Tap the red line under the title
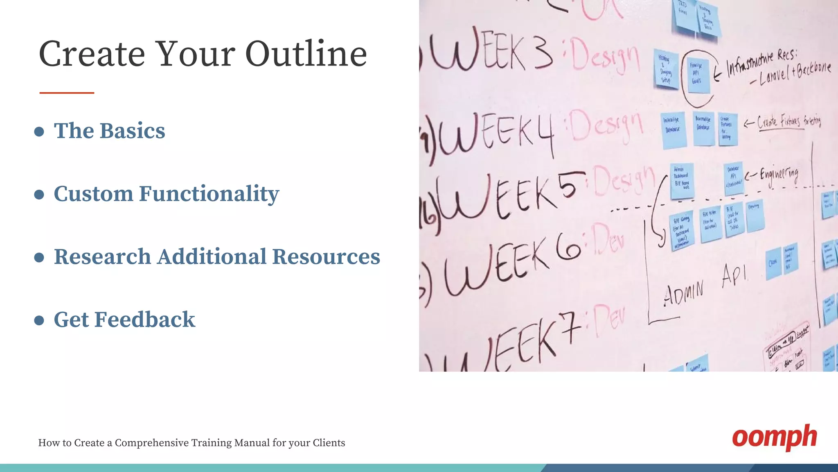[x=67, y=93]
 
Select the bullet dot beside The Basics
[x=39, y=132]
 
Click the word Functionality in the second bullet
[x=209, y=194]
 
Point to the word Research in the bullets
[x=102, y=257]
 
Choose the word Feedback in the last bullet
[x=145, y=320]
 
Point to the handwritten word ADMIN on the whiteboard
[x=683, y=293]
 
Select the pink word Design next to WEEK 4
[x=606, y=125]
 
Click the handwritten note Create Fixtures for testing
[x=788, y=121]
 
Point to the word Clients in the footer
[x=329, y=443]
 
